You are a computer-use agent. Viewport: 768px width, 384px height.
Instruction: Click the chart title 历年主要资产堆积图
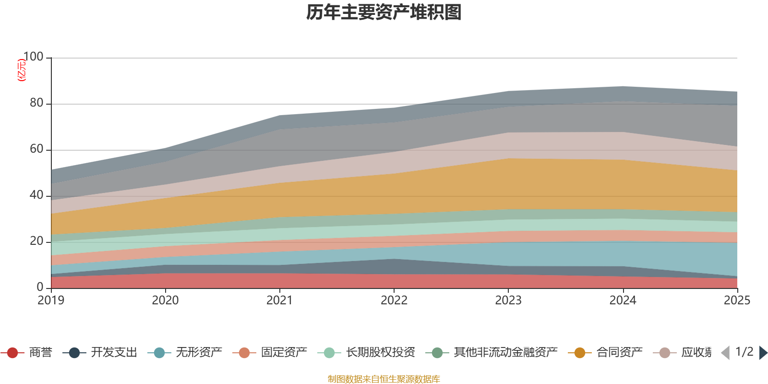[x=384, y=12]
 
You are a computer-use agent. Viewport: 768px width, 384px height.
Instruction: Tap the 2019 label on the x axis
[x=51, y=300]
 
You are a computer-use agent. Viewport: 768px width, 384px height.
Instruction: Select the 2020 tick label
[x=165, y=300]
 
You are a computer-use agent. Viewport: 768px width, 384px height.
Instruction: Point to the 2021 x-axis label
[x=279, y=300]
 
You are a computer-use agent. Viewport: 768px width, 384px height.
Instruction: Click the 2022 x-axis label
[x=394, y=300]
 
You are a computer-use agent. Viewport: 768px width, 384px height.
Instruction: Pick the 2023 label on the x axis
[x=508, y=300]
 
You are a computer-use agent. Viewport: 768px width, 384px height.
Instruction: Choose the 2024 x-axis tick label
[x=623, y=300]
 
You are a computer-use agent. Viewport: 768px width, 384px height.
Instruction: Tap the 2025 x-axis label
[x=736, y=300]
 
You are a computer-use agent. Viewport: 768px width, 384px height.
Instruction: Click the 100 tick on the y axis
[x=33, y=57]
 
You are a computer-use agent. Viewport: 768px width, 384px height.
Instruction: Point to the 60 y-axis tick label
[x=36, y=149]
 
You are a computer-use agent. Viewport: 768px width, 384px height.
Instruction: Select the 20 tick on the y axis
[x=36, y=241]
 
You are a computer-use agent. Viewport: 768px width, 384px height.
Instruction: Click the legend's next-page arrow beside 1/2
[x=763, y=353]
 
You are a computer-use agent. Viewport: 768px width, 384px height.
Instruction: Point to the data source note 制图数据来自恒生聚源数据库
[x=384, y=379]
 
